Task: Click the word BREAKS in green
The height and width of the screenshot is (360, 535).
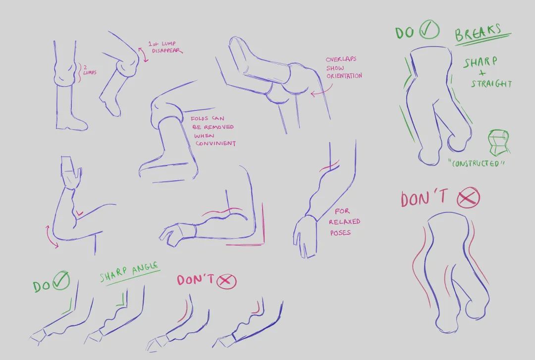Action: (478, 33)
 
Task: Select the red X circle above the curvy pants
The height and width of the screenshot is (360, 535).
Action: (468, 197)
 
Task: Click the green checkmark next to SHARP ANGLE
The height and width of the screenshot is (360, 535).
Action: (61, 280)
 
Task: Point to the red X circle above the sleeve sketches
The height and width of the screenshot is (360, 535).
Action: (226, 281)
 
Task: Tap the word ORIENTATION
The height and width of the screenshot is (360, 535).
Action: (344, 76)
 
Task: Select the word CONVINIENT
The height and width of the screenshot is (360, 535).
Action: (215, 143)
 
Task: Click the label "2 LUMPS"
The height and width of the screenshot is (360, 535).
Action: (89, 70)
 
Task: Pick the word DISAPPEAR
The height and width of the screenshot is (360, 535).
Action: (167, 51)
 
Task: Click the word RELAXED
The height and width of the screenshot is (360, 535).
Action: (345, 222)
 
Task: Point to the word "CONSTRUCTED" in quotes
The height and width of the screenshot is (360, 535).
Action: (477, 163)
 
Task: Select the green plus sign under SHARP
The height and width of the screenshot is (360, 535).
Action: (482, 73)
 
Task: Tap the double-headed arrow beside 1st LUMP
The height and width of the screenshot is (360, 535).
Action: (143, 54)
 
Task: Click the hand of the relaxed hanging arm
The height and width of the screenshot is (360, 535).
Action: (304, 237)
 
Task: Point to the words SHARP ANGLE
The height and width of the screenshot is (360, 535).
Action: (129, 272)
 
